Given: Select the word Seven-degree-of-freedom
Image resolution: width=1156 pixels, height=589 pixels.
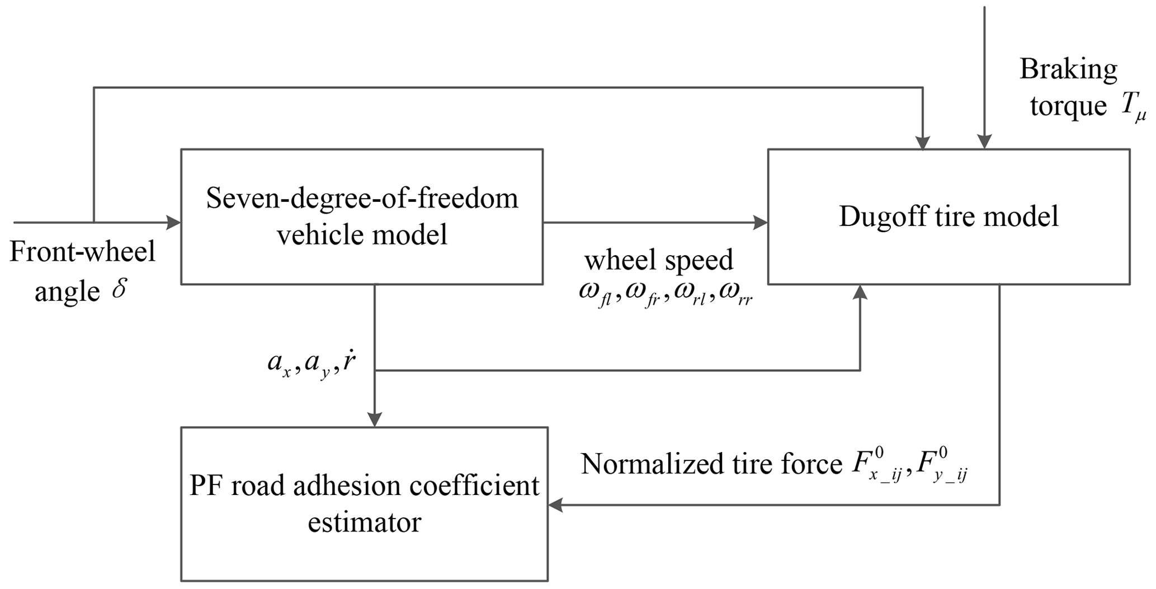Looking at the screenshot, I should (362, 199).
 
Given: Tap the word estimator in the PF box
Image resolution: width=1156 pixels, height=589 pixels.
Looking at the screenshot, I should (364, 522).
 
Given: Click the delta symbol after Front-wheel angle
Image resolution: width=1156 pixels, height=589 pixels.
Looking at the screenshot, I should (119, 291).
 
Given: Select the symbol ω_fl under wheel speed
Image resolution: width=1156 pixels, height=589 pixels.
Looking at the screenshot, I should (594, 294).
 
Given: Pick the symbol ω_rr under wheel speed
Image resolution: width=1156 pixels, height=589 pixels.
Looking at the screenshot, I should (735, 294).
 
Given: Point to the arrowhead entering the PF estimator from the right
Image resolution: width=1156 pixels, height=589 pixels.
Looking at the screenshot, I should (554, 505).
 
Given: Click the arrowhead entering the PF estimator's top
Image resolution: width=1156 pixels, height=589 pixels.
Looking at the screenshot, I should (374, 420).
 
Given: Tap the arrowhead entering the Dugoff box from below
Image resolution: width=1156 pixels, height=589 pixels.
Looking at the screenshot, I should (860, 291).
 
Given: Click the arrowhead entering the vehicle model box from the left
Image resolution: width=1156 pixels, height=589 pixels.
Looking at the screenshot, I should (174, 223).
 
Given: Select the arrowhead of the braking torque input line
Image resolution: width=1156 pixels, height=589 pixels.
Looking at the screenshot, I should (984, 142).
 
